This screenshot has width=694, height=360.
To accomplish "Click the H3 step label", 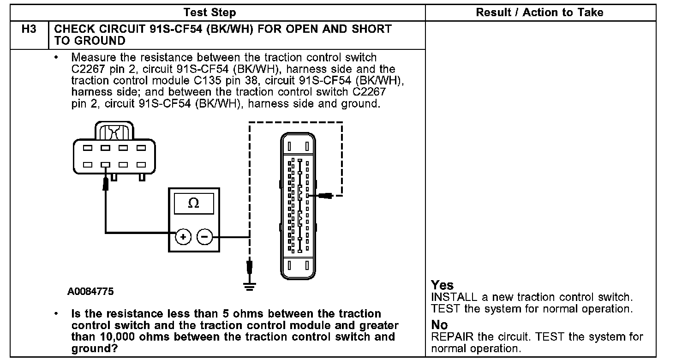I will pos(29,29).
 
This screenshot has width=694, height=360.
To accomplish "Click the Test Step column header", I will pos(209,12).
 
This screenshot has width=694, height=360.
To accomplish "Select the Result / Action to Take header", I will pos(539,12).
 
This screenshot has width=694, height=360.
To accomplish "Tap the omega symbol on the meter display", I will pos(194,203).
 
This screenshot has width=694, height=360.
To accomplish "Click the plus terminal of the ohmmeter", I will pos(183,237).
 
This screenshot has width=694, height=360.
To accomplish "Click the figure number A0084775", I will pos(90,292).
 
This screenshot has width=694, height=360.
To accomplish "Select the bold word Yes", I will pos(442,285).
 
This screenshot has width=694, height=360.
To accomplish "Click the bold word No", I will pos(439,325).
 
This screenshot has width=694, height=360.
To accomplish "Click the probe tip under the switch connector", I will pos(106,184).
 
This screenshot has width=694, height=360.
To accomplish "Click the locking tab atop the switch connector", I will pos(114,131).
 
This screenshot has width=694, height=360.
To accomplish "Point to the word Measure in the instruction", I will pos(94,58).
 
